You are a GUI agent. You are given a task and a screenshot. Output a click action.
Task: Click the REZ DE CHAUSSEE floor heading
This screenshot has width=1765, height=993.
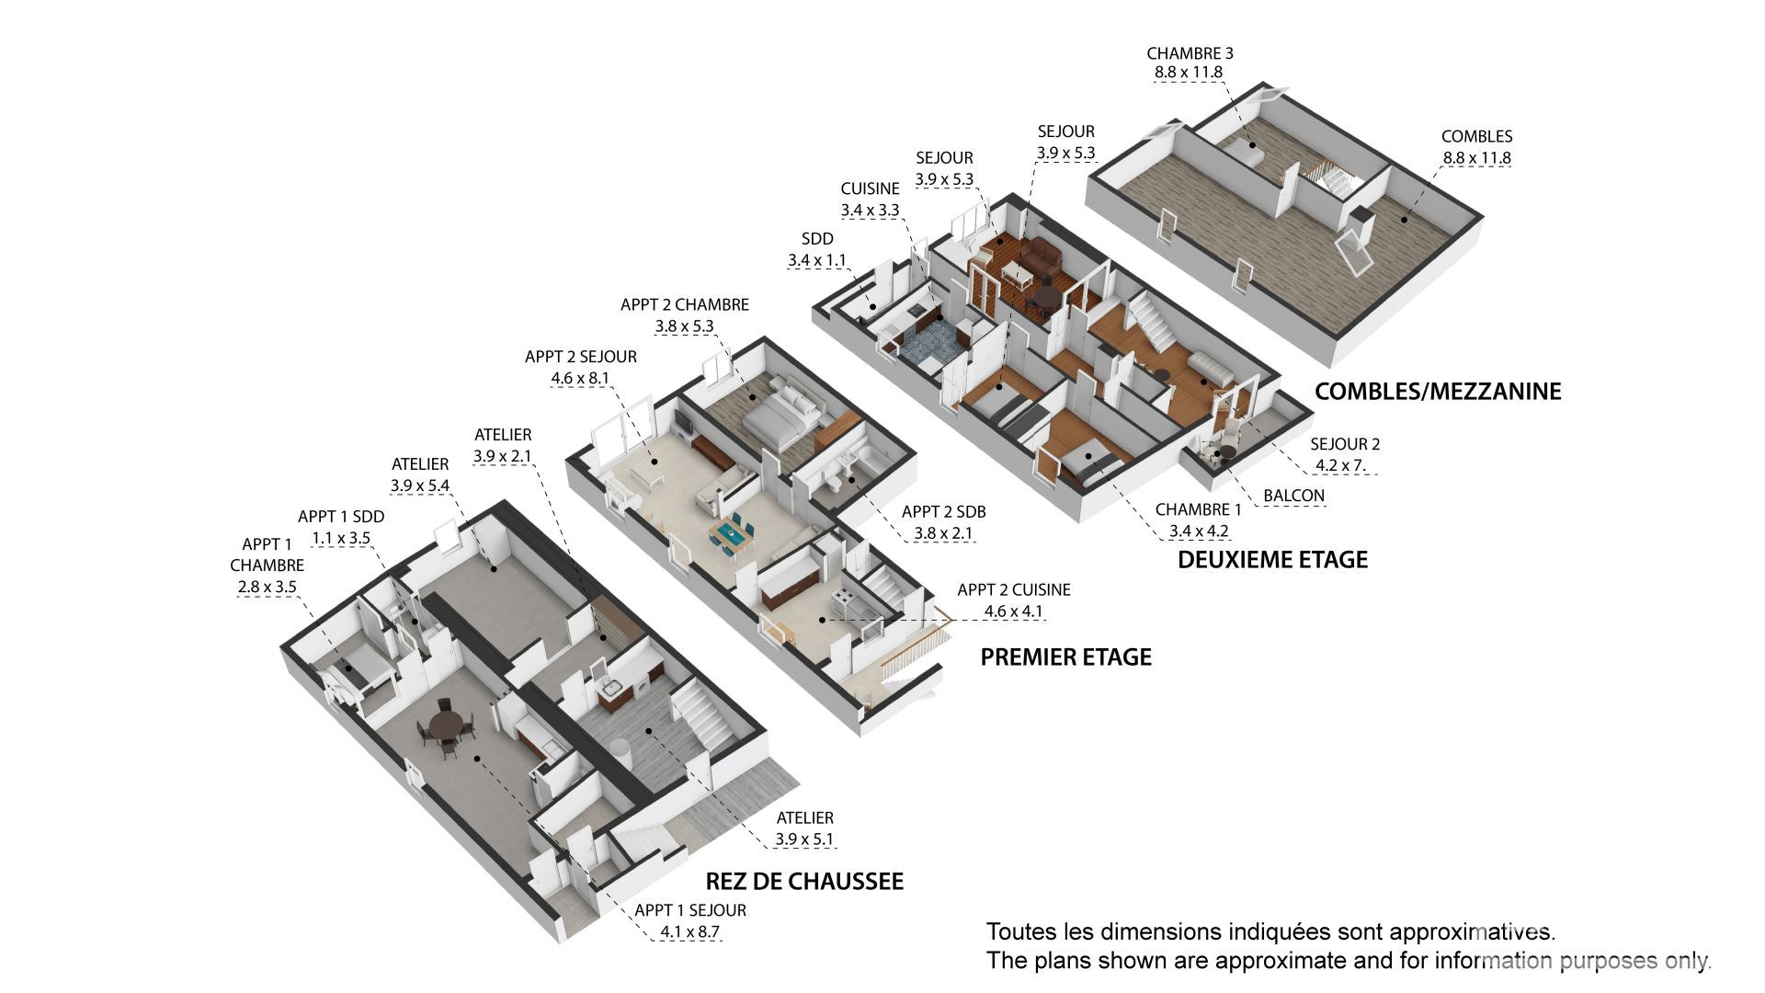(804, 881)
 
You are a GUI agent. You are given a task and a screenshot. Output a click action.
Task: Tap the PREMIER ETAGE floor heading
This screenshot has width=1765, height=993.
(1065, 656)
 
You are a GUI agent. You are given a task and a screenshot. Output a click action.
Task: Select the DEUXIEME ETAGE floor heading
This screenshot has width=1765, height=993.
(1273, 559)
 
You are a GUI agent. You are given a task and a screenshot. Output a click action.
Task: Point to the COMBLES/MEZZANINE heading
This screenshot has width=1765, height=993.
(1438, 391)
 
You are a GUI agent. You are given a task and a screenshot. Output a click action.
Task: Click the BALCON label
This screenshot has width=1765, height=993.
(1293, 496)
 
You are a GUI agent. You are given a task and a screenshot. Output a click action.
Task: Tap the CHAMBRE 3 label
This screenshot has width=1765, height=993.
(1190, 53)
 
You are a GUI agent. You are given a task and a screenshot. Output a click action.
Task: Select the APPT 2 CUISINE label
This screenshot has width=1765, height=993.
(1014, 589)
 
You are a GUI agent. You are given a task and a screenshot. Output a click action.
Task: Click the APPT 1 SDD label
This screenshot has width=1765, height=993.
(341, 517)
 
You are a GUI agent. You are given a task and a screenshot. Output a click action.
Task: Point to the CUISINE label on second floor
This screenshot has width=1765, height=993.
(870, 188)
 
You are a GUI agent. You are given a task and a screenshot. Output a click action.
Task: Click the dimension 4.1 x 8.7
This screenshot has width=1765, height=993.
(690, 931)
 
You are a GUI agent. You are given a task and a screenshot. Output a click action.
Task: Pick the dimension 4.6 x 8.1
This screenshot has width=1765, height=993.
(580, 377)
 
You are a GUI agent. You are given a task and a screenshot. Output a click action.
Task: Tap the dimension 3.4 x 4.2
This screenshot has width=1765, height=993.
(1199, 531)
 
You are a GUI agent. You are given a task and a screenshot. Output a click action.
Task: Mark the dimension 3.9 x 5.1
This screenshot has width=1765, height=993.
(804, 839)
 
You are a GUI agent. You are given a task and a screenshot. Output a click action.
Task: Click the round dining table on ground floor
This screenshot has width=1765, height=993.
(446, 724)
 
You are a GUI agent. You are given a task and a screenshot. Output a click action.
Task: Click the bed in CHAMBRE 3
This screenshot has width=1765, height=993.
(1247, 151)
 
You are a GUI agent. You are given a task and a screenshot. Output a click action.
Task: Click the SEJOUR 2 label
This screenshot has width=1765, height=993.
(1345, 443)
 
